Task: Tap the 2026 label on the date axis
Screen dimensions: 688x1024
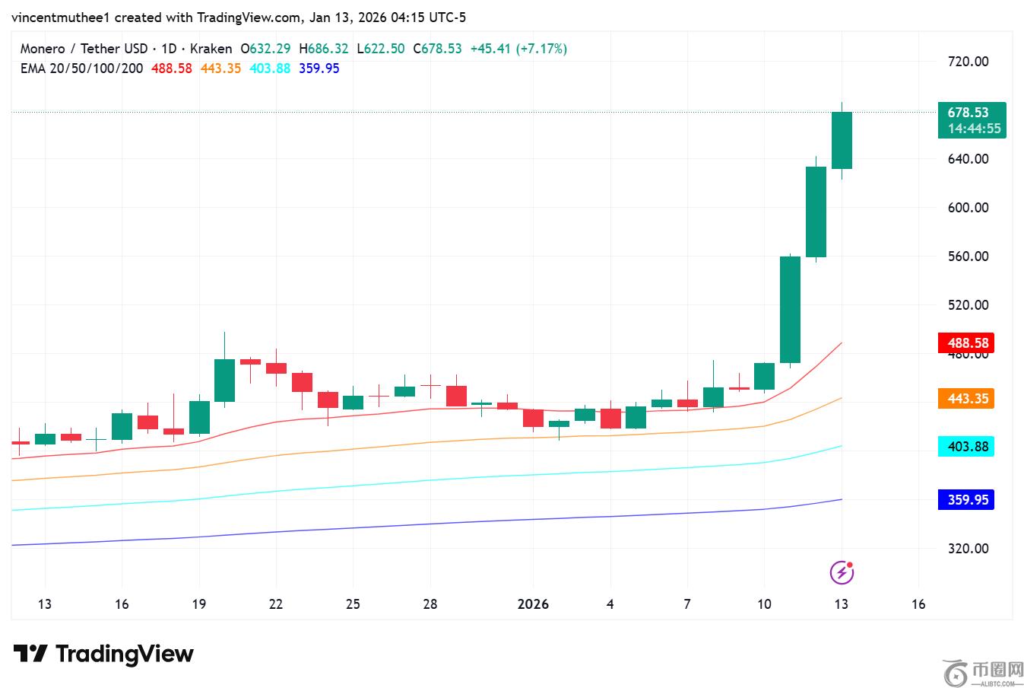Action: pos(533,604)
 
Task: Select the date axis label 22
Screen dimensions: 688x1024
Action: pos(276,604)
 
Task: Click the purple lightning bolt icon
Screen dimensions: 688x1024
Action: pos(842,572)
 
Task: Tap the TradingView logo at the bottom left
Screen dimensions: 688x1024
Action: pos(103,654)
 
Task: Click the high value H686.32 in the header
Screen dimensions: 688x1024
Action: pos(324,49)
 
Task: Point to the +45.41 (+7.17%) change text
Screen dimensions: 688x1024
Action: pos(518,49)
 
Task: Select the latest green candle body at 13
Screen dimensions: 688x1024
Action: pos(842,140)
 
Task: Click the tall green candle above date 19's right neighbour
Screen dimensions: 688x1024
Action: pos(224,380)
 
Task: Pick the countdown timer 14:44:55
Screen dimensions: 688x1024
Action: pos(973,129)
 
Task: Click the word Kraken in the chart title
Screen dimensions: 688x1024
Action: pos(211,49)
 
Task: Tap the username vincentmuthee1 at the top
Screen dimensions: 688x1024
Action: pos(61,17)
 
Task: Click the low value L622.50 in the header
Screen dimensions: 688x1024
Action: pos(381,49)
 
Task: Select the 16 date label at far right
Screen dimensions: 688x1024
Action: pos(918,604)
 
